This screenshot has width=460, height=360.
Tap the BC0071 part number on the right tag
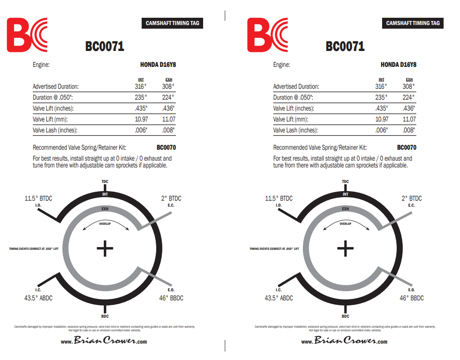point(345,46)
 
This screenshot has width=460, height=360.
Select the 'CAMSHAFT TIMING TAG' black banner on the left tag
point(173,23)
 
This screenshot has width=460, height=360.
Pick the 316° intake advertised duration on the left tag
point(140,86)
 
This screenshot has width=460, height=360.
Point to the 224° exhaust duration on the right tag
point(409,97)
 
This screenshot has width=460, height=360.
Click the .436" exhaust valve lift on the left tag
point(168,108)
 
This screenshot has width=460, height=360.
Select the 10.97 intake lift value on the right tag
point(382,119)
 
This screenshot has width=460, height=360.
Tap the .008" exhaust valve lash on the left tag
point(168,130)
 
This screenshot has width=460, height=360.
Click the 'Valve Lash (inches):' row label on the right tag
point(295,130)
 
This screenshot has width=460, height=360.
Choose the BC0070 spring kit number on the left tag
point(166,147)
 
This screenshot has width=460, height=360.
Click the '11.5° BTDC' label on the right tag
point(279,198)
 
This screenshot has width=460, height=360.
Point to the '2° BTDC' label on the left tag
point(171,198)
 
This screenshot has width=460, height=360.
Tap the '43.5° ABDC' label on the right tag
point(279,298)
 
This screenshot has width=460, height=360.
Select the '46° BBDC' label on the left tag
point(171,298)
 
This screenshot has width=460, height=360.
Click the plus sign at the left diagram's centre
point(105,248)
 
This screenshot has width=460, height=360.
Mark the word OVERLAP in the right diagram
point(345,224)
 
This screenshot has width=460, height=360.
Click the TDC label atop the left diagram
point(105,182)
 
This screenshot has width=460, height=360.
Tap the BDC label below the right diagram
point(345,316)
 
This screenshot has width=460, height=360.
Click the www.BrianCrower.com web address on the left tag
point(104,341)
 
